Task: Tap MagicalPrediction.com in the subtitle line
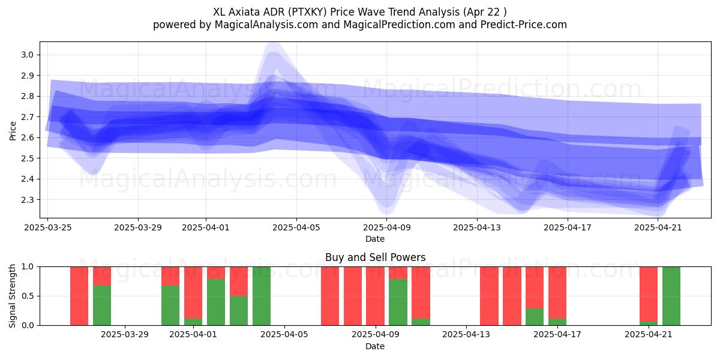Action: click(x=399, y=25)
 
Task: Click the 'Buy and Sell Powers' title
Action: click(x=375, y=257)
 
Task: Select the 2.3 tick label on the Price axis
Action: click(x=28, y=200)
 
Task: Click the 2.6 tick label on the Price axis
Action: click(x=28, y=137)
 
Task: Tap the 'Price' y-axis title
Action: click(x=13, y=131)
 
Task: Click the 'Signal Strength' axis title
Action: click(x=12, y=296)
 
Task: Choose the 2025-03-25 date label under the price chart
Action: click(x=48, y=227)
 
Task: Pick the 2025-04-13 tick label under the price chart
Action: click(x=477, y=227)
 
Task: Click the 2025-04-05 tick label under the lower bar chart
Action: click(x=284, y=335)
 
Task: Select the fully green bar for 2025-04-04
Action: click(x=262, y=296)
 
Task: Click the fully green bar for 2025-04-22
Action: click(x=671, y=296)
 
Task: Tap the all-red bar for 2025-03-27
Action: click(x=79, y=296)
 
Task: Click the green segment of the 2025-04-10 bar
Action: click(x=398, y=302)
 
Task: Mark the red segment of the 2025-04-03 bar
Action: click(x=239, y=281)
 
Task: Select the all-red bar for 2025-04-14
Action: click(x=489, y=296)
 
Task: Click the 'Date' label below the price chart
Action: click(x=375, y=239)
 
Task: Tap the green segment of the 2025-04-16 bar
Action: click(x=535, y=317)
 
